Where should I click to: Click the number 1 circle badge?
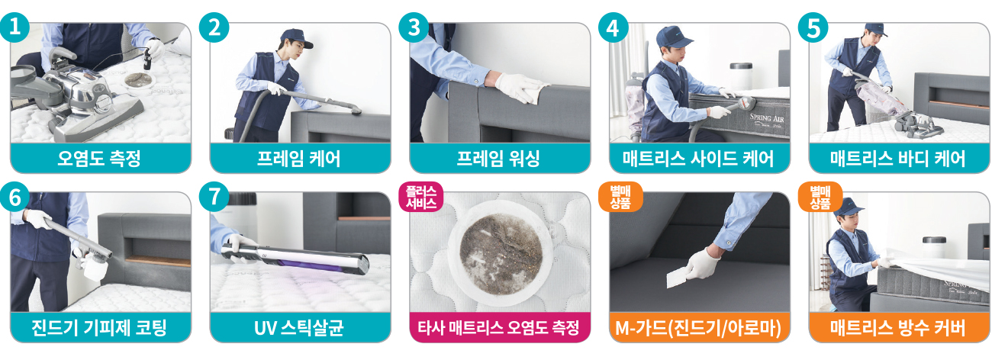click(x=15, y=27)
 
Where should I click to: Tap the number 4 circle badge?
click(x=614, y=27)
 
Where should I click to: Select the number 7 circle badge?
click(x=214, y=197)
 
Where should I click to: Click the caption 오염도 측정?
click(x=99, y=159)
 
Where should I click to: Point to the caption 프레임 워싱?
click(x=498, y=159)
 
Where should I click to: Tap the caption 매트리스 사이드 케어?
click(x=698, y=159)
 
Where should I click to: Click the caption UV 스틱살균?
click(x=299, y=328)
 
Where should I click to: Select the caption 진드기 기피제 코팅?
click(x=99, y=328)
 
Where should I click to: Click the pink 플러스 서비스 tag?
click(x=421, y=197)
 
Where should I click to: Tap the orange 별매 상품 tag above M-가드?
click(x=620, y=197)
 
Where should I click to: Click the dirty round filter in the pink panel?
click(x=501, y=252)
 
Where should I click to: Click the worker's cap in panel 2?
click(x=296, y=37)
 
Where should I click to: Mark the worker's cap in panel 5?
click(x=875, y=29)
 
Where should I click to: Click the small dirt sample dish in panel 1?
click(x=139, y=81)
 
